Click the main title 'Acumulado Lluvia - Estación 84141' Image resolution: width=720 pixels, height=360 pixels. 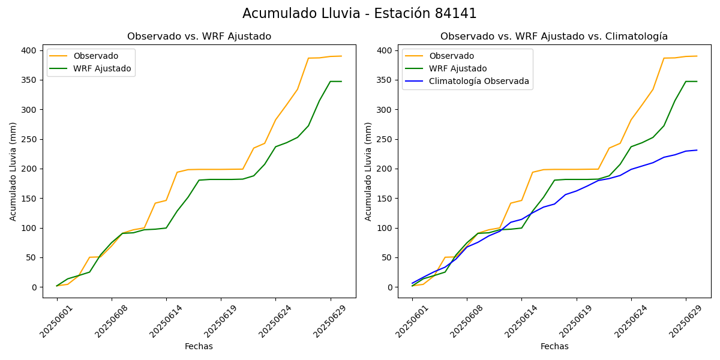(x=359, y=14)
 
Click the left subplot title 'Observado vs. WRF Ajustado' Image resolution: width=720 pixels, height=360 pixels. (x=199, y=37)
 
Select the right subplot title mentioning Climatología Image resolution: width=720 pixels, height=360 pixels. (x=554, y=37)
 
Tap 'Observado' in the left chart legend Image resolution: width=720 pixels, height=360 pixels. (x=95, y=56)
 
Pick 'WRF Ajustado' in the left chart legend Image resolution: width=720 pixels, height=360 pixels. (x=102, y=68)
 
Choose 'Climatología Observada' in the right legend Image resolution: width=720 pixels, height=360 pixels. (x=479, y=81)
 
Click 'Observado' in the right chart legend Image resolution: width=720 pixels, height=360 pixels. (x=451, y=56)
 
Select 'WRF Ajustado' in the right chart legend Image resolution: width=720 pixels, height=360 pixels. (x=457, y=68)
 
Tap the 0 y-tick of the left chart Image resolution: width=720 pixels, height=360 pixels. (x=34, y=287)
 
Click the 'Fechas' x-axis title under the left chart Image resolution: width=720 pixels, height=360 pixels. (x=199, y=346)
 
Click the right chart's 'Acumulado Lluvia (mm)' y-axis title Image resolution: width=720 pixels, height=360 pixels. (x=368, y=171)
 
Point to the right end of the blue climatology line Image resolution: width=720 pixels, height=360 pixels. (x=697, y=150)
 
